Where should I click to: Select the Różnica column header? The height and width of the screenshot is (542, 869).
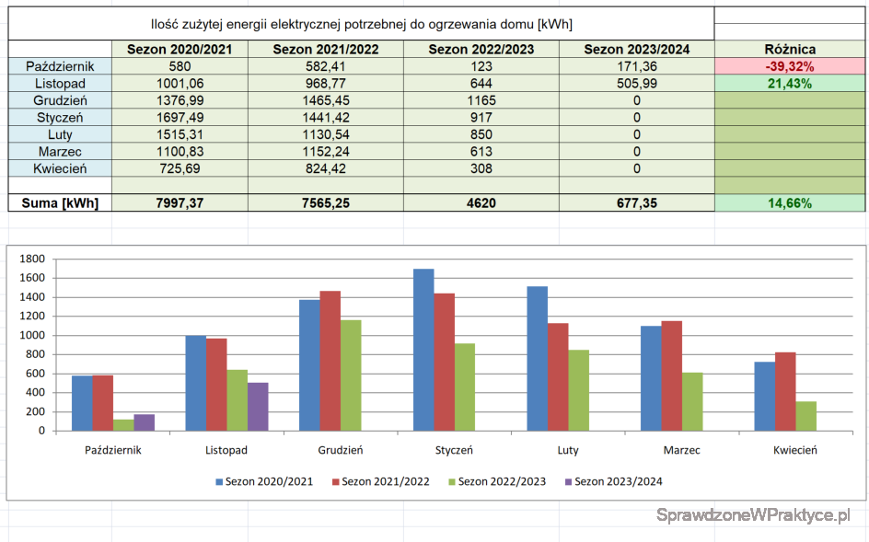click(x=790, y=50)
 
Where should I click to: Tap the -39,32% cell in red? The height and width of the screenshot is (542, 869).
click(x=790, y=66)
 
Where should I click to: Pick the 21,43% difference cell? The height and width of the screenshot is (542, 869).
click(x=790, y=84)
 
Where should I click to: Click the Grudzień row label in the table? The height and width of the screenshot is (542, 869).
click(x=60, y=100)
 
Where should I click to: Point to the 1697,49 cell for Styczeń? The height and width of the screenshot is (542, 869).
click(x=180, y=118)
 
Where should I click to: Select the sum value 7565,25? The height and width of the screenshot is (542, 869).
click(x=325, y=203)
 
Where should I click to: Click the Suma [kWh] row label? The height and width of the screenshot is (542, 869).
click(x=60, y=203)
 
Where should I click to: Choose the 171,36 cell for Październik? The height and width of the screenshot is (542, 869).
click(x=637, y=66)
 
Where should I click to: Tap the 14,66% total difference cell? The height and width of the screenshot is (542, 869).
click(x=790, y=203)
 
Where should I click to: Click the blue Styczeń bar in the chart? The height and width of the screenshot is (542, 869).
click(x=423, y=350)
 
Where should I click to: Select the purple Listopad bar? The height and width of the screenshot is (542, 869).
click(x=258, y=407)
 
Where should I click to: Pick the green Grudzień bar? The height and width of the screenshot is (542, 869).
click(x=350, y=375)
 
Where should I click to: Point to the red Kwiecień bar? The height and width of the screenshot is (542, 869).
click(x=785, y=391)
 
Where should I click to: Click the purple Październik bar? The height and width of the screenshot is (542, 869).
click(x=145, y=422)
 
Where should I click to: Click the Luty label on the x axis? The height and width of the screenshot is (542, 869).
click(x=568, y=451)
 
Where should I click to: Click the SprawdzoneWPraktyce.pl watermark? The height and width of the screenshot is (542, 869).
click(x=753, y=515)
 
